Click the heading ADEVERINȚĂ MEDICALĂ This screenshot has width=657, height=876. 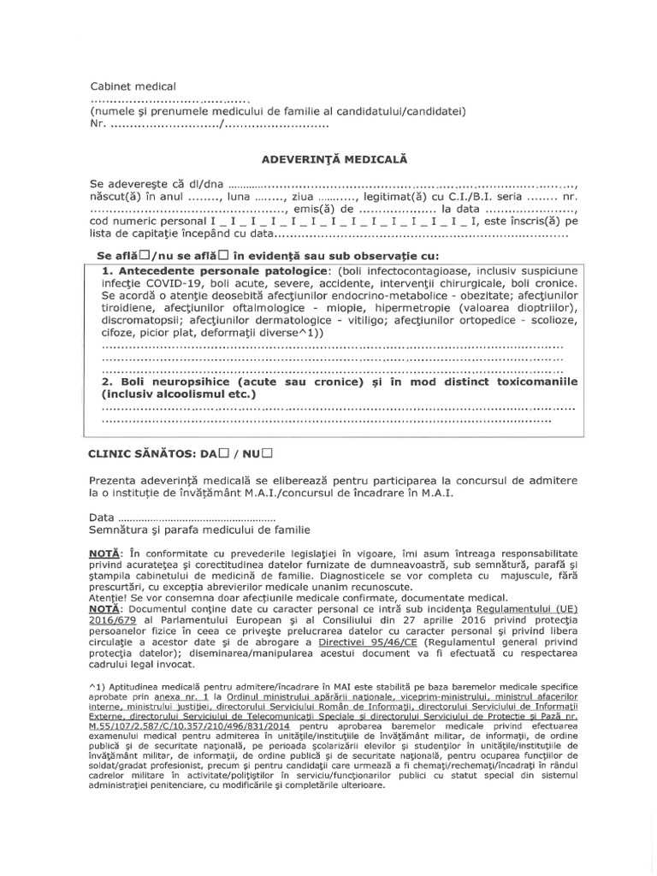(x=328, y=159)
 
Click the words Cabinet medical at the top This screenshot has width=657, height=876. (x=133, y=86)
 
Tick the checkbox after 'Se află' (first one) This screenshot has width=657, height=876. (x=145, y=255)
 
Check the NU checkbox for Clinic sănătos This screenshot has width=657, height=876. (x=267, y=451)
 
